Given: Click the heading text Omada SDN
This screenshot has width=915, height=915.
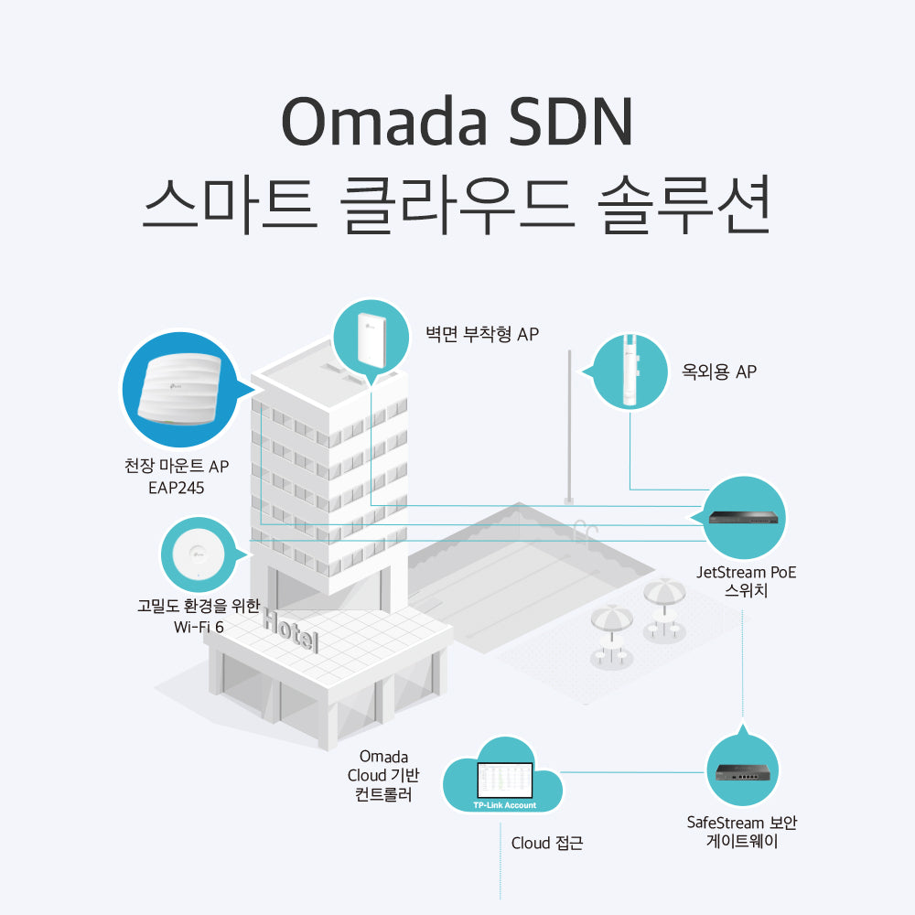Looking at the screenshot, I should pos(457,121).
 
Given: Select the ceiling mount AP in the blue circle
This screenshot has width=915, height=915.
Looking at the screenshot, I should pos(180,389).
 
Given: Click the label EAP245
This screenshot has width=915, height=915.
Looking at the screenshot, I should pos(176,488).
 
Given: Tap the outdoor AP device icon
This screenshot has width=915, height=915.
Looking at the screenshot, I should pos(630,371).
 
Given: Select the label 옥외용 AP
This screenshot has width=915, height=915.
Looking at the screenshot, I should pos(719,371).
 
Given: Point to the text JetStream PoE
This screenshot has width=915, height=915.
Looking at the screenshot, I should pos(746,573).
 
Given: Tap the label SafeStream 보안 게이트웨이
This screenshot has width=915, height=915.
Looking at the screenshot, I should pos(742,832).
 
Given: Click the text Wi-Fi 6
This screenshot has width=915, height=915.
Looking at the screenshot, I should pos(199,628).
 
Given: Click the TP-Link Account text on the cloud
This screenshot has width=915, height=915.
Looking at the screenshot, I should pos(504,805).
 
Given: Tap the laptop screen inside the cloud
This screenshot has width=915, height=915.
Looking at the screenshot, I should pos(503,780).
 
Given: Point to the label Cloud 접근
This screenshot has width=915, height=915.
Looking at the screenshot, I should pos(546,843).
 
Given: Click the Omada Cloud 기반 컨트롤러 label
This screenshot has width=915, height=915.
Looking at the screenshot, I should pos(383,776).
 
